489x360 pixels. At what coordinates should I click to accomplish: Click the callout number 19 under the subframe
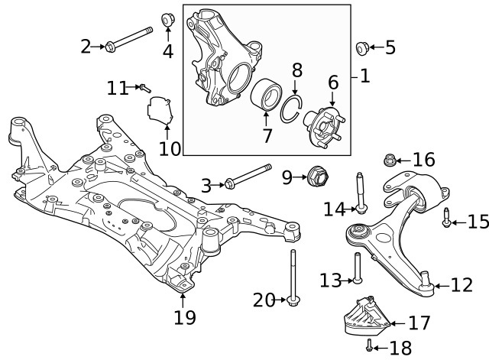(184, 316)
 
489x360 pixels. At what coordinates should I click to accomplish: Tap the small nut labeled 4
(168, 18)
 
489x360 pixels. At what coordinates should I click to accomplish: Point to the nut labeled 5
(362, 48)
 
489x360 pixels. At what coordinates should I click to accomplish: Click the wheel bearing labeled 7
(266, 93)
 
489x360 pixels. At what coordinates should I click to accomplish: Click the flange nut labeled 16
(389, 161)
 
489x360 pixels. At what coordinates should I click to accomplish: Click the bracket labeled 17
(366, 315)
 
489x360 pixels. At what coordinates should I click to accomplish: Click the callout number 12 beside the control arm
(462, 286)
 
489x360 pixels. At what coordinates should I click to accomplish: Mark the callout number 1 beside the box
(364, 76)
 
